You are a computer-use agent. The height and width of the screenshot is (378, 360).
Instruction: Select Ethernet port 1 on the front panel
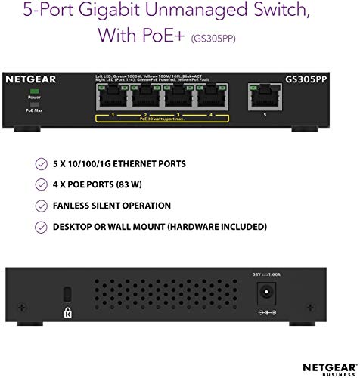tap(113, 98)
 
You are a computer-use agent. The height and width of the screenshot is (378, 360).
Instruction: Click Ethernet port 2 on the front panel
tap(146, 98)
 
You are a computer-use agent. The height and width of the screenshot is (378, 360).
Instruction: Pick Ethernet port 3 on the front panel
tap(178, 98)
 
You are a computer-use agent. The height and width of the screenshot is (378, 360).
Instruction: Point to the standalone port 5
tap(263, 98)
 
